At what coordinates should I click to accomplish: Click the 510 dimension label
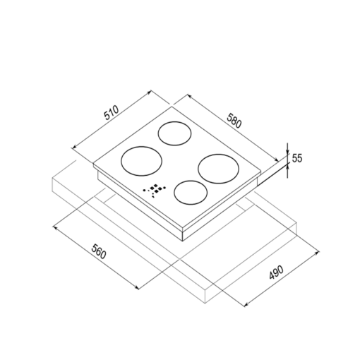(x=112, y=113)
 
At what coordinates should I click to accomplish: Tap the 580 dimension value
(x=234, y=121)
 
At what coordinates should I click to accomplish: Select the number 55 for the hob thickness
(x=297, y=158)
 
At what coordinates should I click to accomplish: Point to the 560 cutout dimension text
(x=99, y=251)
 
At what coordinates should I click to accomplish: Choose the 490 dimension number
(x=276, y=272)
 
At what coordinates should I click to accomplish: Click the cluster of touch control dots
(x=155, y=189)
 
